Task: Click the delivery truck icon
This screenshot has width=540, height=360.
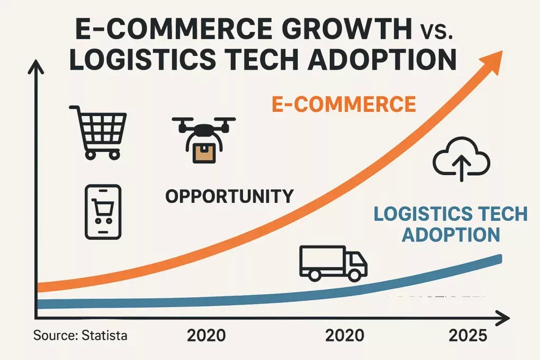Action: click(x=333, y=262)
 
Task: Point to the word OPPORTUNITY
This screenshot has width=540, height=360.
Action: click(x=229, y=197)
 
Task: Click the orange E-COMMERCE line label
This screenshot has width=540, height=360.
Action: click(x=344, y=104)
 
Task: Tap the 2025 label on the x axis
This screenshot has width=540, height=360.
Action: click(x=467, y=335)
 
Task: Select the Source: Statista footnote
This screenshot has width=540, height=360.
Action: click(x=80, y=335)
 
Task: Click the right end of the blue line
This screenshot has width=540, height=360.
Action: click(x=499, y=257)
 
